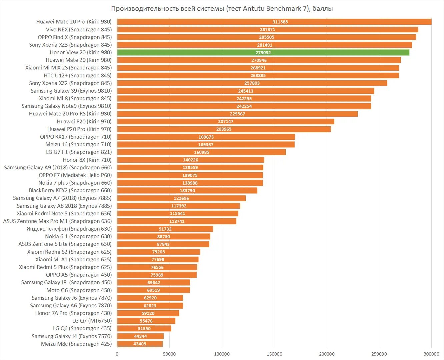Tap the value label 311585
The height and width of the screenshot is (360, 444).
280,22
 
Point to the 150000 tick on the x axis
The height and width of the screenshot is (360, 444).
274,354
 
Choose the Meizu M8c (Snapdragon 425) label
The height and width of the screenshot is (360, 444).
76,344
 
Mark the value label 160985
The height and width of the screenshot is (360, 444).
202,152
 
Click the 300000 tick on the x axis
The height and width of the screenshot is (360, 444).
431,354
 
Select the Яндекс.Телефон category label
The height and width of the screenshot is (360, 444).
69,229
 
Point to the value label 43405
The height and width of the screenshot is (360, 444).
140,344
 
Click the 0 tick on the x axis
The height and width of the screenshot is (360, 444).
117,354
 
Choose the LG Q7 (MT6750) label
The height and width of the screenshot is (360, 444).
92,321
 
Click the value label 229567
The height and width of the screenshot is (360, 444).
237,114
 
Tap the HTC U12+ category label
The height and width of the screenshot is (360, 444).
78,75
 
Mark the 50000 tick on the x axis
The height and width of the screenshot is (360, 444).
169,354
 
